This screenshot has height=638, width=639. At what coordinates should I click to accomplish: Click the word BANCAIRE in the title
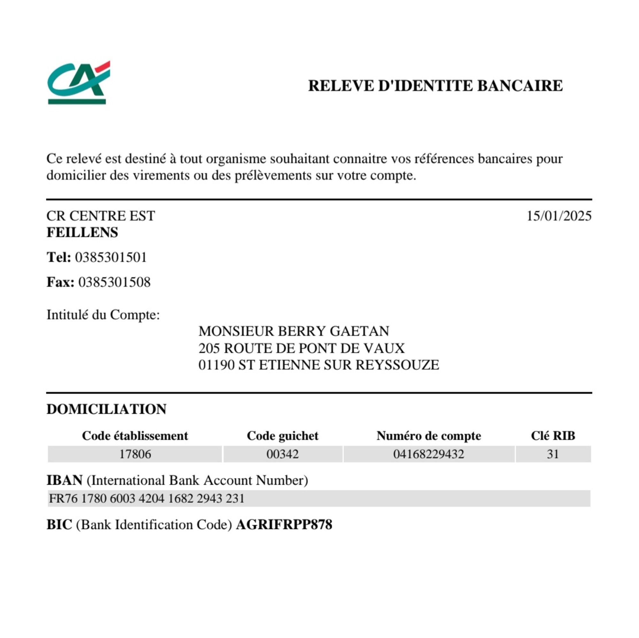(520, 86)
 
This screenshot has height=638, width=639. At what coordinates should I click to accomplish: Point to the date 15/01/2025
(558, 216)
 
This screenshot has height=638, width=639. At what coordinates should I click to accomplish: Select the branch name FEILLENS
(82, 233)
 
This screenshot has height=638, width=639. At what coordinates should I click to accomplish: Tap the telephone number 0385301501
(111, 257)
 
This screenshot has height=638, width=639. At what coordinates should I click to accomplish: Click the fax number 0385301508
(114, 282)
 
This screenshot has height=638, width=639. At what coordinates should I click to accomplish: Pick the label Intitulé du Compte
(103, 315)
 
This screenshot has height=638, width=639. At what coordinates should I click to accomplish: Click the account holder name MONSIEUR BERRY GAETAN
(294, 331)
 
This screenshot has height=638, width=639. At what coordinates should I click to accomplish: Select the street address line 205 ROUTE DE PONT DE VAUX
(301, 348)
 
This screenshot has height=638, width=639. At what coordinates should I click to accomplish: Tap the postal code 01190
(216, 365)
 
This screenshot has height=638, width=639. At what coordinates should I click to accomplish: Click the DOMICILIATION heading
(106, 409)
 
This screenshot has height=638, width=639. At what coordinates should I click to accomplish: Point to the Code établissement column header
(135, 436)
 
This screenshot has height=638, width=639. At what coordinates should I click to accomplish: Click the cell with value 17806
(135, 454)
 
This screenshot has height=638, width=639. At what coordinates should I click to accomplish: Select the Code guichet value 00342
(282, 454)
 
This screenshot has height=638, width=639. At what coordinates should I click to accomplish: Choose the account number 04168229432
(429, 454)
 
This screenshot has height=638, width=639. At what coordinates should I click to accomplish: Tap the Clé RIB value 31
(553, 454)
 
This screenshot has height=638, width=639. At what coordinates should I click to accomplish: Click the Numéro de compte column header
(429, 436)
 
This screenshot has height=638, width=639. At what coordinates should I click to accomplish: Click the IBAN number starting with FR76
(147, 498)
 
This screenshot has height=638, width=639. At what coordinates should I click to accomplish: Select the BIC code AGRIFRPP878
(284, 525)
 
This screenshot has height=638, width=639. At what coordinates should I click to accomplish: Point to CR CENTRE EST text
(101, 216)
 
